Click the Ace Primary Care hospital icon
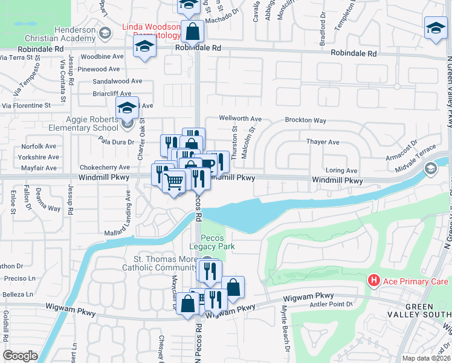(374, 281)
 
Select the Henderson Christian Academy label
(75, 34)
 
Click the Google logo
(20, 356)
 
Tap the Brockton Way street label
(305, 120)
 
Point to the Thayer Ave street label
(323, 142)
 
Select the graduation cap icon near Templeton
(435, 28)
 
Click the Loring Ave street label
(341, 171)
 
